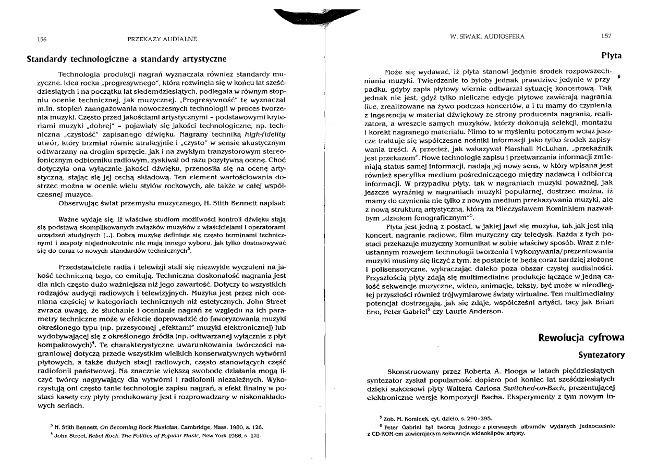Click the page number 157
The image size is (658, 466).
tap(606, 36)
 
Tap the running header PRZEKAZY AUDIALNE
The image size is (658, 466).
tap(162, 39)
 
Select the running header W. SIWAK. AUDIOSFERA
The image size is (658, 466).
tap(486, 36)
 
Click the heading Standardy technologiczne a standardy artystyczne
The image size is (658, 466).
tap(126, 58)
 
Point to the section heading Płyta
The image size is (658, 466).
tap(611, 55)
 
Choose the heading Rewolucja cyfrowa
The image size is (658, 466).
tap(581, 337)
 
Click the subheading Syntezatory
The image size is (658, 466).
tap(601, 355)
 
